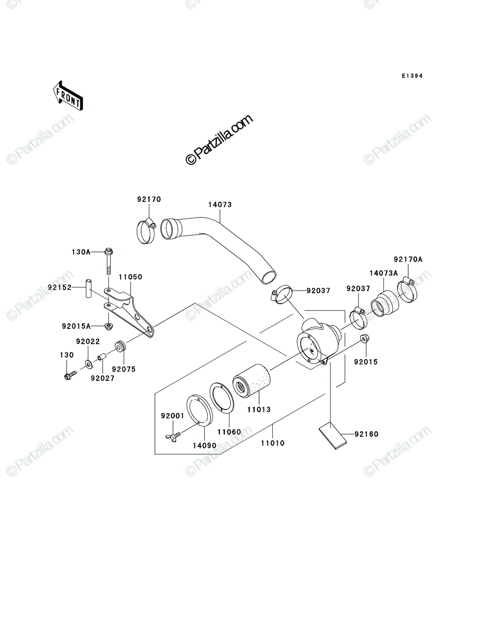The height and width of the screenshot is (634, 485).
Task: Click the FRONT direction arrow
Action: click(68, 96)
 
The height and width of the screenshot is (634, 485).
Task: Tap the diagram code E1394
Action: click(412, 76)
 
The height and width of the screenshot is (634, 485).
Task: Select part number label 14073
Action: click(220, 205)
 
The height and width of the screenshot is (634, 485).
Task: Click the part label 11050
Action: click(130, 277)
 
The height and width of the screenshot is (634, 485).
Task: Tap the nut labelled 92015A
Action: click(108, 327)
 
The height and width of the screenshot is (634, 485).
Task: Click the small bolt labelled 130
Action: click(70, 375)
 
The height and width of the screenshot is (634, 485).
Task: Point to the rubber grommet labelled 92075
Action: click(120, 347)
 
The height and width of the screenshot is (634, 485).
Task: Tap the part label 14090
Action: click(205, 446)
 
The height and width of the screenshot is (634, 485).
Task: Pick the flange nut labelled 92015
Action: click(365, 338)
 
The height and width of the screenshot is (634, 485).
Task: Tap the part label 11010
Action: click(272, 443)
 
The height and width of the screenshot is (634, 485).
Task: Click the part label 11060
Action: click(229, 432)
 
